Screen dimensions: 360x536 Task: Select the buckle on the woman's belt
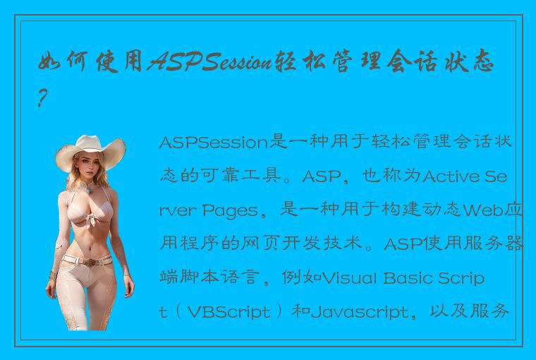point(89,261)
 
